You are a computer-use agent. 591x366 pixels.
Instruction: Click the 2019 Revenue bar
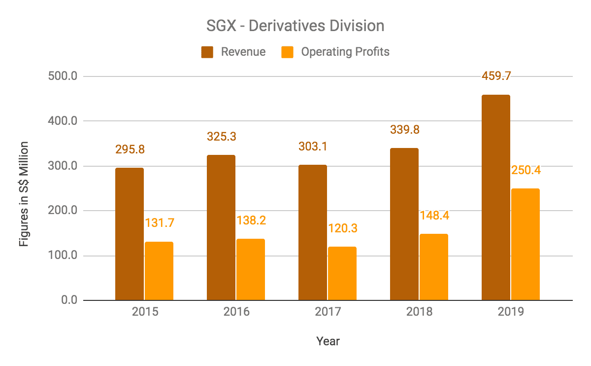coord(496,197)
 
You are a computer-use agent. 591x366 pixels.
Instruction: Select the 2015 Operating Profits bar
coord(159,271)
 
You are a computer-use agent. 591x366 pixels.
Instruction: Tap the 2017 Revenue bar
coord(313,232)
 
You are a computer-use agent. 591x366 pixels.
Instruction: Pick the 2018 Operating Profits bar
coord(433,267)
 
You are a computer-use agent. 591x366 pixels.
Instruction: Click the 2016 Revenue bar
coord(221,227)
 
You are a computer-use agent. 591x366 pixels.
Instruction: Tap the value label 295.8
coord(130,149)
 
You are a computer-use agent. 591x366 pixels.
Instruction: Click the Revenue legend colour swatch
coord(207,52)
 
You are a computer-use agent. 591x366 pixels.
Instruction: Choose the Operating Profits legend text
coord(345,52)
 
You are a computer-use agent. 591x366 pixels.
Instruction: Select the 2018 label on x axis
coord(419,312)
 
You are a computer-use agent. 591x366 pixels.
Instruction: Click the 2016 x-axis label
coord(236,312)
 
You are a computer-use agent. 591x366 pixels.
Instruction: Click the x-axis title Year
coord(328,341)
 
